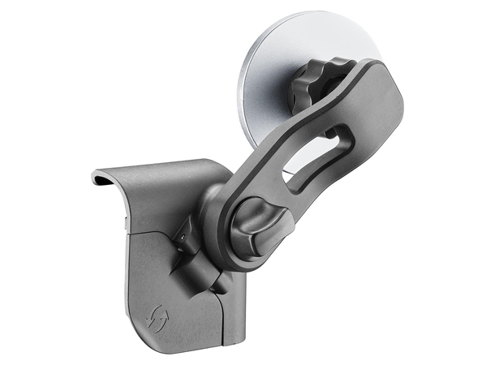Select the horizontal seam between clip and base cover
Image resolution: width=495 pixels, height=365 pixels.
(150, 231)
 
